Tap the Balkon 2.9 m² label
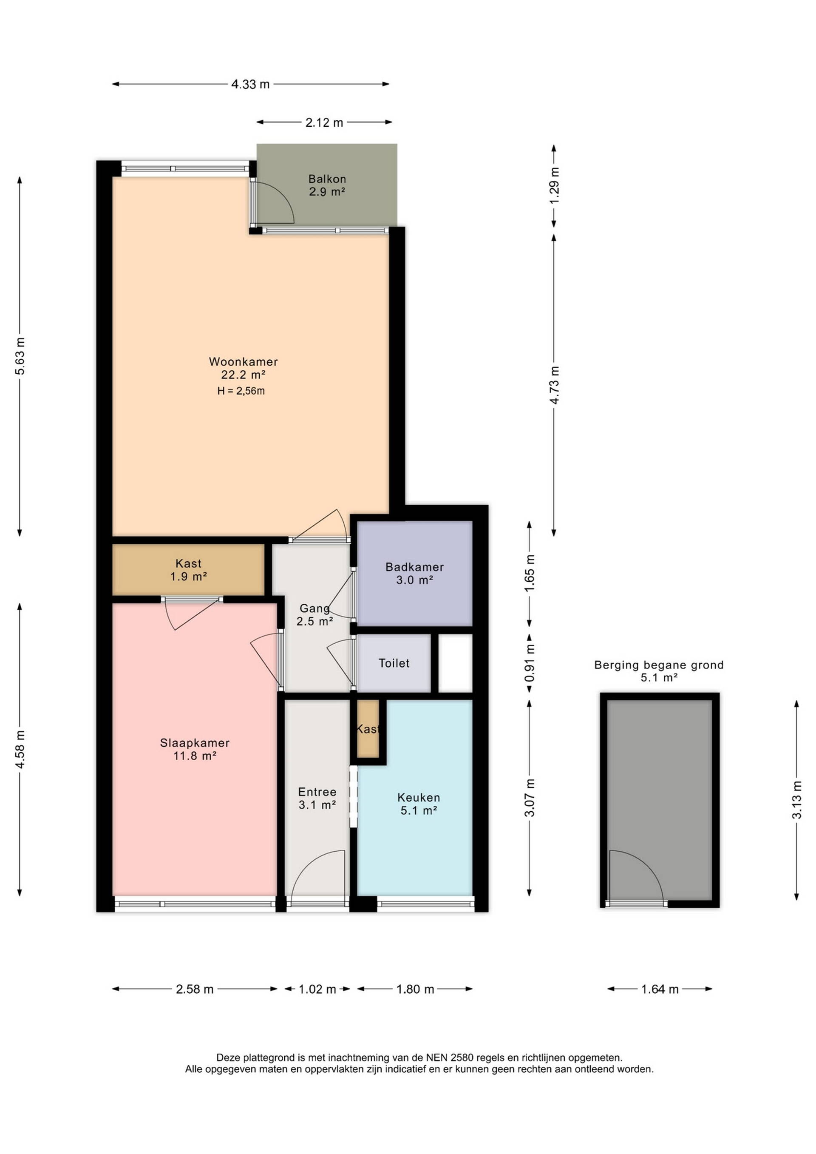tap(327, 185)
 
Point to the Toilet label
tap(394, 663)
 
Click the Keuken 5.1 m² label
tap(419, 804)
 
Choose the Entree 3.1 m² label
tap(317, 798)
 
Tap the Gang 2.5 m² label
tap(314, 615)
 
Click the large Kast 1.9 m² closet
tap(188, 570)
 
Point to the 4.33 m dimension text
tap(250, 85)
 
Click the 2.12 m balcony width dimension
tap(324, 122)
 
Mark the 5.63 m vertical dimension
tap(20, 356)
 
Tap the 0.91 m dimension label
tap(529, 663)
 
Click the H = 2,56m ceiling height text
tap(241, 390)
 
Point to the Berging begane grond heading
tap(659, 665)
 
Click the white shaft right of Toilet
tap(456, 663)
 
